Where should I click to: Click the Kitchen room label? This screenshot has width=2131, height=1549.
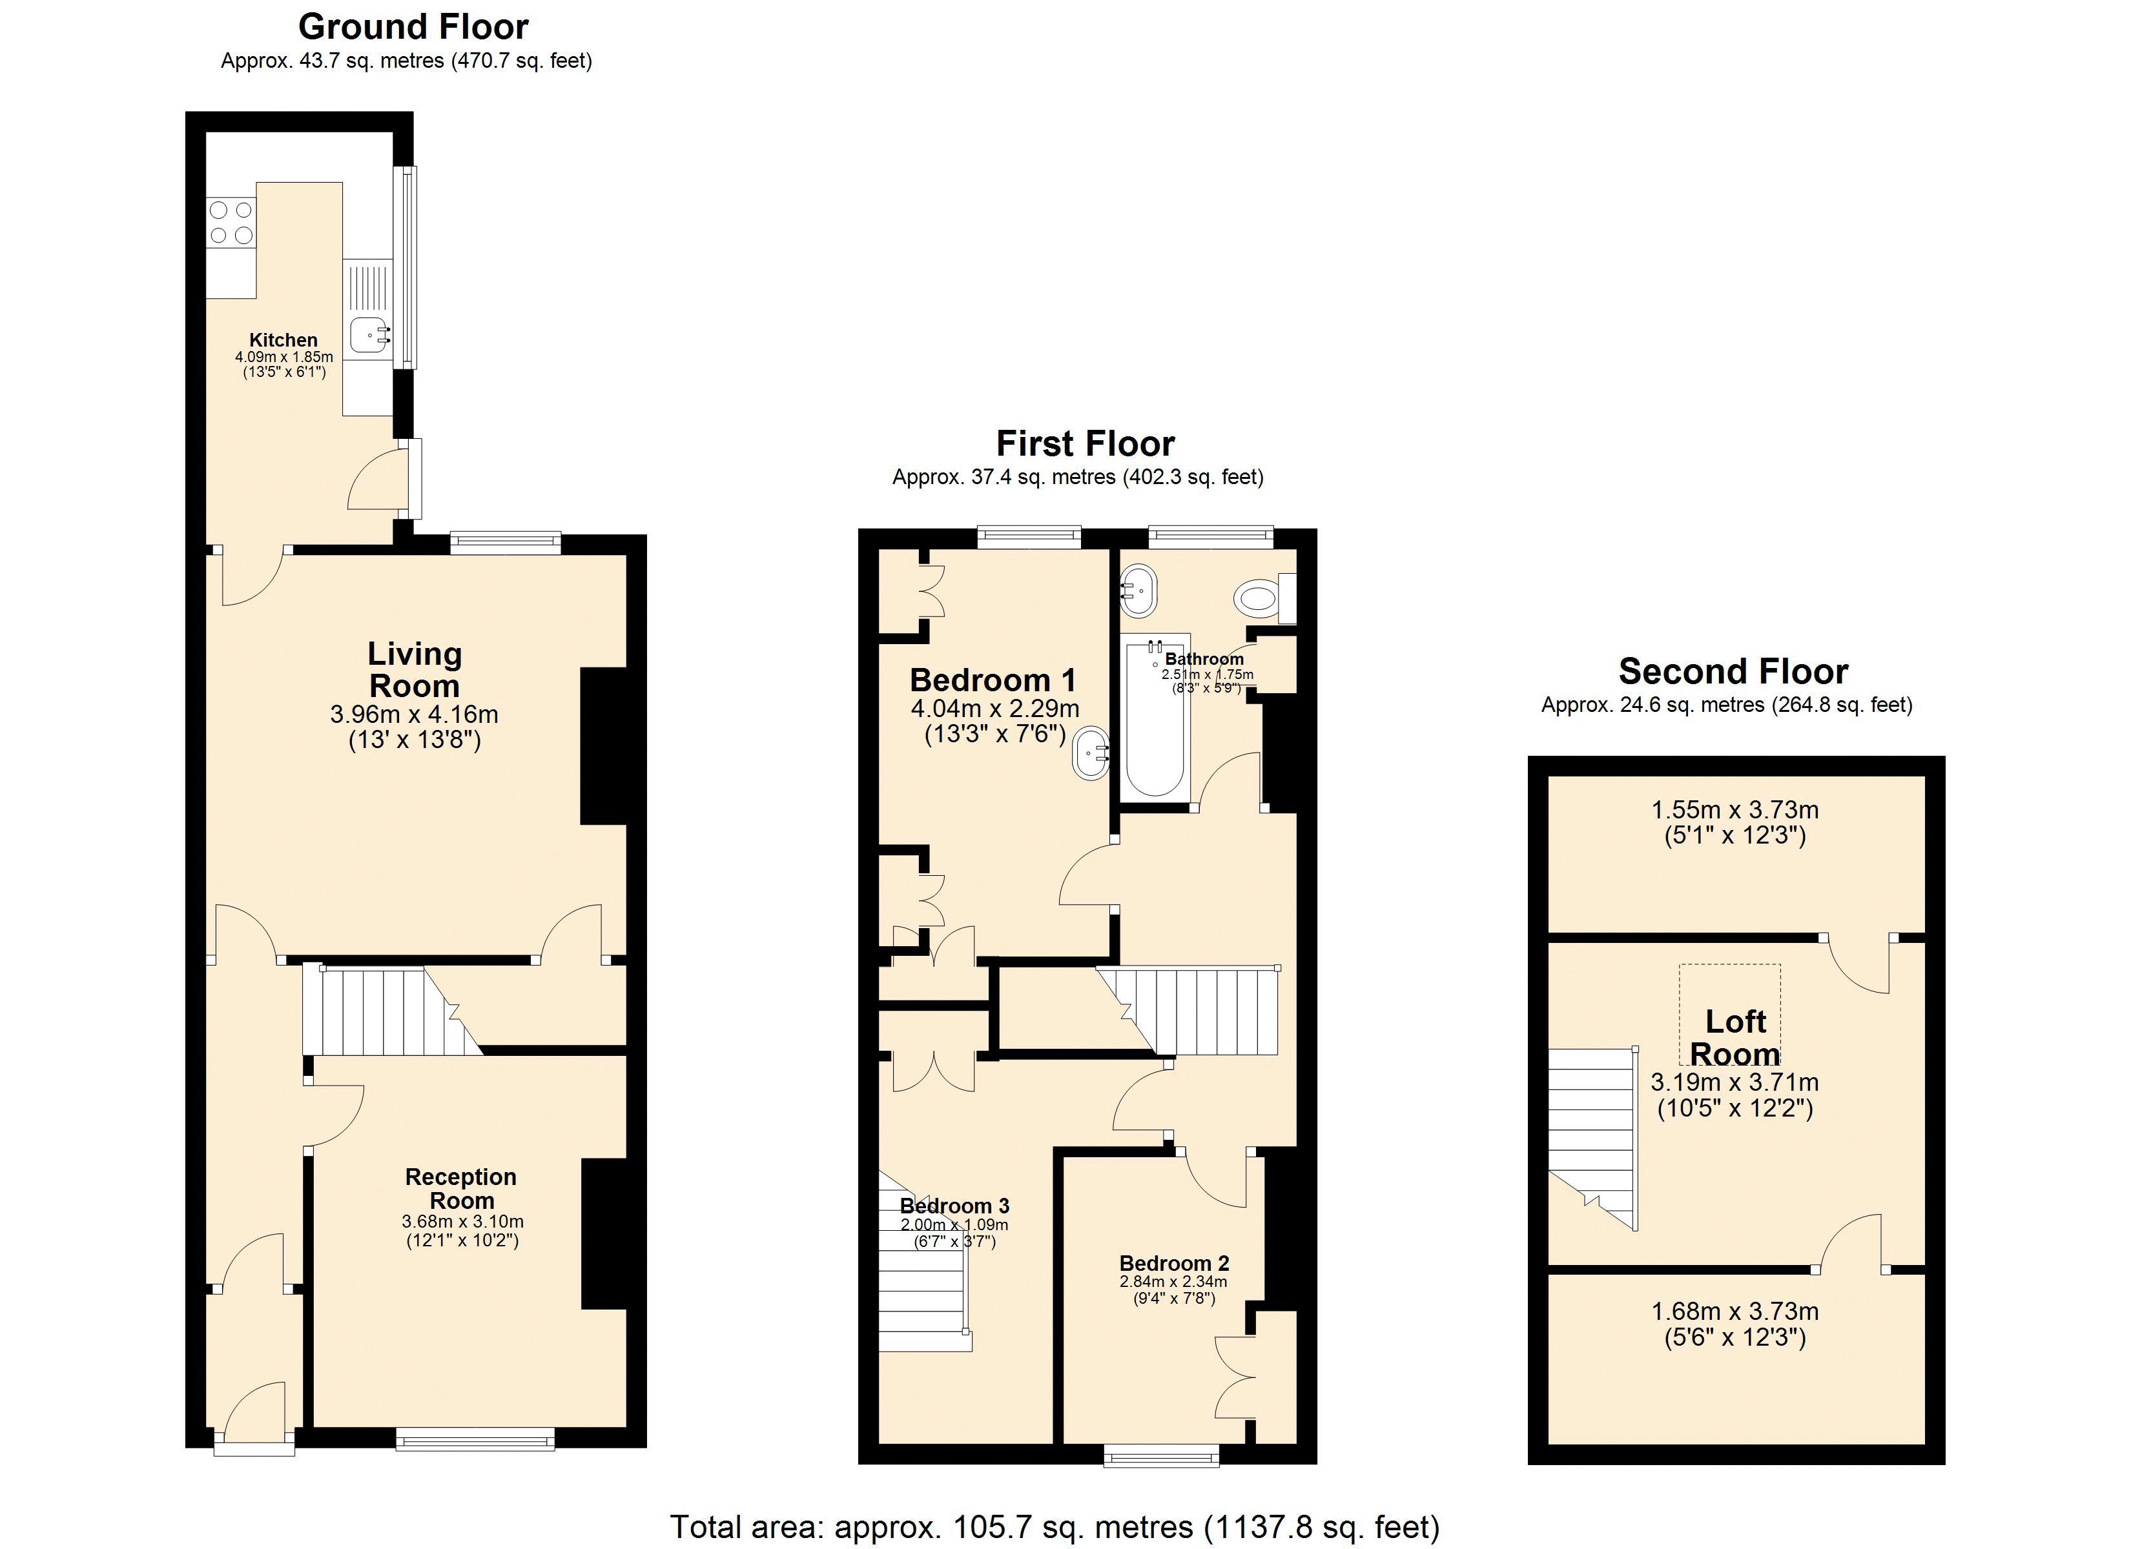point(283,340)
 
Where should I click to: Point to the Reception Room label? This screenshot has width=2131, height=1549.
point(460,1188)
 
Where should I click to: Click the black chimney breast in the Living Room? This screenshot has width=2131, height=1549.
point(603,746)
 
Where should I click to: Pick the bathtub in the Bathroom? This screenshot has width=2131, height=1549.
point(1154,724)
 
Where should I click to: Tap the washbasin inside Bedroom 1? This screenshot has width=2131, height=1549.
point(1092,753)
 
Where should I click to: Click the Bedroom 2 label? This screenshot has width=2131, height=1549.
point(1173,1264)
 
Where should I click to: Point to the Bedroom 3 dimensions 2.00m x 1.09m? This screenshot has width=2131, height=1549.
point(954,1225)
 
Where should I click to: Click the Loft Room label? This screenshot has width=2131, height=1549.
point(1735,1037)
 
